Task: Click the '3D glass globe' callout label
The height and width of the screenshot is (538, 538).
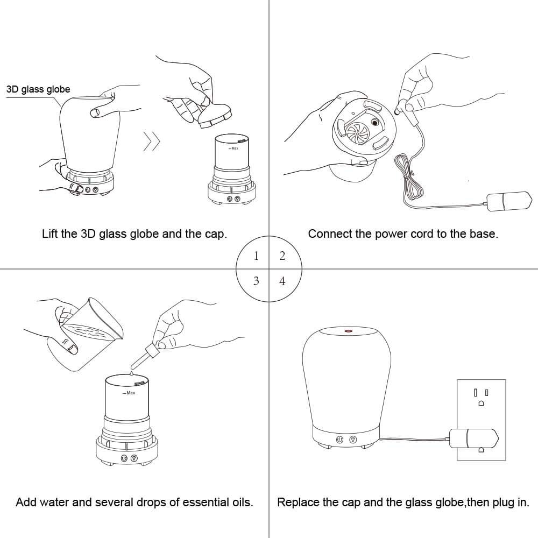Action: [38, 89]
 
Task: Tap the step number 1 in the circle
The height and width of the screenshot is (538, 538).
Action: [256, 256]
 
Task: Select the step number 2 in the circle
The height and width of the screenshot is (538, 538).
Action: [282, 256]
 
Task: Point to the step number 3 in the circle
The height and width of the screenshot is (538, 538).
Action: [256, 281]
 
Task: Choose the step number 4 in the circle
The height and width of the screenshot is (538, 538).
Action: [282, 281]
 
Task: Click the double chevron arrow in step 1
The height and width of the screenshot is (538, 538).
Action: [152, 141]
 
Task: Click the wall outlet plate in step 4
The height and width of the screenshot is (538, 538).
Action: [481, 420]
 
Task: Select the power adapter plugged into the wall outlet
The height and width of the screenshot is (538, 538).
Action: [474, 438]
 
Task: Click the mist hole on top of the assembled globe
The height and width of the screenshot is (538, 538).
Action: [348, 331]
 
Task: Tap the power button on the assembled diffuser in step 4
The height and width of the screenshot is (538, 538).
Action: [339, 440]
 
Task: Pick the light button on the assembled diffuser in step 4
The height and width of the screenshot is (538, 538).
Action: [353, 440]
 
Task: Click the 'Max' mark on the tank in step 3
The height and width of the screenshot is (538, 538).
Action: [129, 393]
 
